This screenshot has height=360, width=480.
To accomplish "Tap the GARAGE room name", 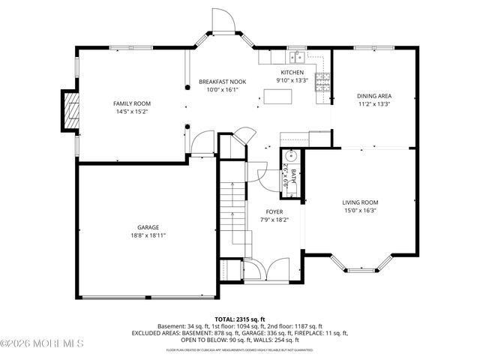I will click(148, 227).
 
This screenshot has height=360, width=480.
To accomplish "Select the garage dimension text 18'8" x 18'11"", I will click(148, 235).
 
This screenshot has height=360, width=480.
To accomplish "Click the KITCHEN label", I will click(292, 72).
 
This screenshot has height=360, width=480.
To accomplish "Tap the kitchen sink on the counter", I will click(298, 56).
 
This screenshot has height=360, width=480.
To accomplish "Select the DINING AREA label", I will click(374, 96).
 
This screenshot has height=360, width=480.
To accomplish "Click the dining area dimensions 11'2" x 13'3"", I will click(374, 104).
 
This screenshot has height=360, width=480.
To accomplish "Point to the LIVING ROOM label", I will click(360, 202).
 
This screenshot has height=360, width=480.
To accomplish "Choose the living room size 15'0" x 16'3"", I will click(360, 211).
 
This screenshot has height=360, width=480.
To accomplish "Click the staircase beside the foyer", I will click(233, 217).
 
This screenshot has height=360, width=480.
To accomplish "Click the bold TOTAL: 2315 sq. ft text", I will click(240, 319).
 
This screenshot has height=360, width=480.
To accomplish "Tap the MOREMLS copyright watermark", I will click(43, 343).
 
